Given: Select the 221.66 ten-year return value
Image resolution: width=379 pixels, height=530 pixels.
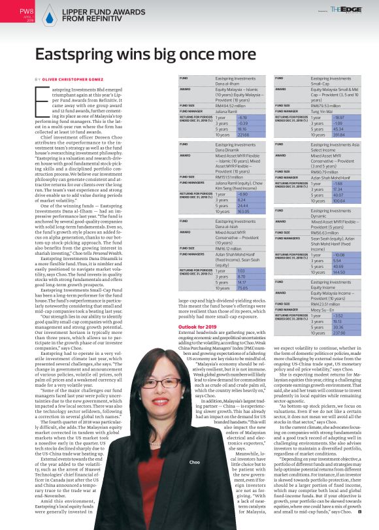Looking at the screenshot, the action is (226, 135).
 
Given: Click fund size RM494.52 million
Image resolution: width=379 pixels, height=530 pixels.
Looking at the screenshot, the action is (233, 105).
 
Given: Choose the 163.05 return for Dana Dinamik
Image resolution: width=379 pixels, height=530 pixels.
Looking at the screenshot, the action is (227, 212).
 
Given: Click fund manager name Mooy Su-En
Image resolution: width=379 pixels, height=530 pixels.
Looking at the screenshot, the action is (323, 309).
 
